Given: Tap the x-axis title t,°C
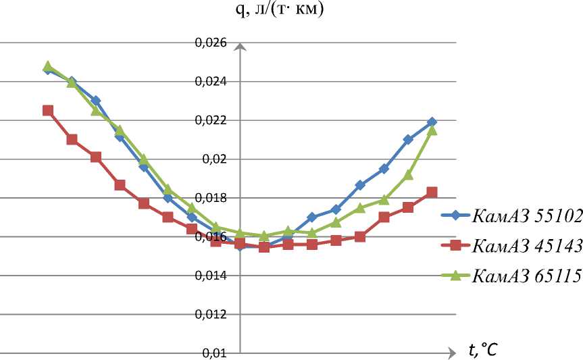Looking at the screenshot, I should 483,350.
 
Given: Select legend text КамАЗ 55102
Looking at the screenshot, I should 527,217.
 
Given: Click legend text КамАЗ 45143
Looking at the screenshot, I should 527,247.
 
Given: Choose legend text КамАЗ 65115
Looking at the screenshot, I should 527,276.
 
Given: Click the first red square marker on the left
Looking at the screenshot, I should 48,110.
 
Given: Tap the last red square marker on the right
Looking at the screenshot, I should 432,192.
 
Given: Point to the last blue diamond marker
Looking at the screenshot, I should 432,122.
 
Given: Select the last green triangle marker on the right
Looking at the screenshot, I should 432,130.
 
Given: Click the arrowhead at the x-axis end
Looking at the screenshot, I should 448,353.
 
